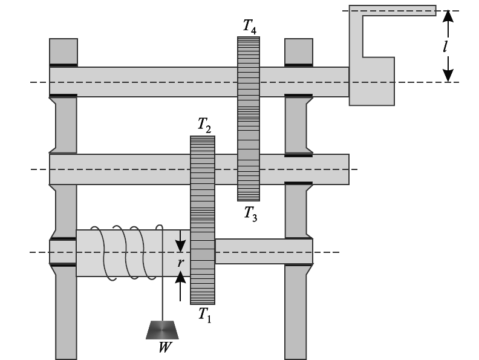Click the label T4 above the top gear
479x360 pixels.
[x=249, y=26]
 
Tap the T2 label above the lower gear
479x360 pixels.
[x=204, y=125]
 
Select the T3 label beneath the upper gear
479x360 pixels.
[x=250, y=212]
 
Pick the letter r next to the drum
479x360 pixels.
[x=180, y=263]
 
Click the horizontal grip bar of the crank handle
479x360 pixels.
[x=399, y=10]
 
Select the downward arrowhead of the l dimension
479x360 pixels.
[x=447, y=74]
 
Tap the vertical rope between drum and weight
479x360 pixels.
[x=161, y=296]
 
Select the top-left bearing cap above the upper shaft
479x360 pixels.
[x=63, y=51]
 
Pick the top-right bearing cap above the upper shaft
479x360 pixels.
[x=298, y=51]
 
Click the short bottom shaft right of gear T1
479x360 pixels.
[x=263, y=251]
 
